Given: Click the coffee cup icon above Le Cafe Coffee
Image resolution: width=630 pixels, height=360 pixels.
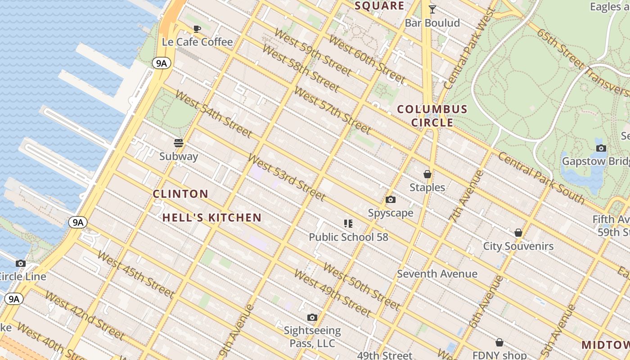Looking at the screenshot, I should [x=197, y=29].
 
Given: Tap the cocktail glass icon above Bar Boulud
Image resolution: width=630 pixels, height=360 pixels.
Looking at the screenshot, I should [x=432, y=9].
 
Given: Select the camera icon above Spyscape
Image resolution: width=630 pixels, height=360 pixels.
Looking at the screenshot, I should [x=391, y=199].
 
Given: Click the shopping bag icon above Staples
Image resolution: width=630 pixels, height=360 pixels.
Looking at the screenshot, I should [x=427, y=174].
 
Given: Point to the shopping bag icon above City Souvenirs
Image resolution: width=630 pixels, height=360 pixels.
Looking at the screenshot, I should [x=518, y=233].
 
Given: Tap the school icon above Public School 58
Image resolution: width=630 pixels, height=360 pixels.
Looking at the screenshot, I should [x=348, y=223].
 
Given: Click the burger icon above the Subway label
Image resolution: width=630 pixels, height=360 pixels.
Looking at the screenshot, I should [x=179, y=143].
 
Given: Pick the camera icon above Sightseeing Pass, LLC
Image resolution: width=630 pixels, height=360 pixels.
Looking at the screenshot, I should [x=312, y=317].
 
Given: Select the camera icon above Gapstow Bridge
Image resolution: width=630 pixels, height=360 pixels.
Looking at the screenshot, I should [x=601, y=148].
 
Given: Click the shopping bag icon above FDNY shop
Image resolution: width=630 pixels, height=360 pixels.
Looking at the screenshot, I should [x=499, y=342].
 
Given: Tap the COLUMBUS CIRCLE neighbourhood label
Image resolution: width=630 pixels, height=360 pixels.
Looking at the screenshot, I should [x=432, y=116].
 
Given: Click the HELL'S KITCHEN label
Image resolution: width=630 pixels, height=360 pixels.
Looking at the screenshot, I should [x=212, y=218].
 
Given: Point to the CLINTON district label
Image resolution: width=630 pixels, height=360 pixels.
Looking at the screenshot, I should [x=180, y=194].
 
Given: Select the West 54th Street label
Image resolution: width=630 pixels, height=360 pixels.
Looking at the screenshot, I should [x=213, y=113].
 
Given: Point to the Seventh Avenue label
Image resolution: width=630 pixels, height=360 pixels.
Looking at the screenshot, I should [x=437, y=274].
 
